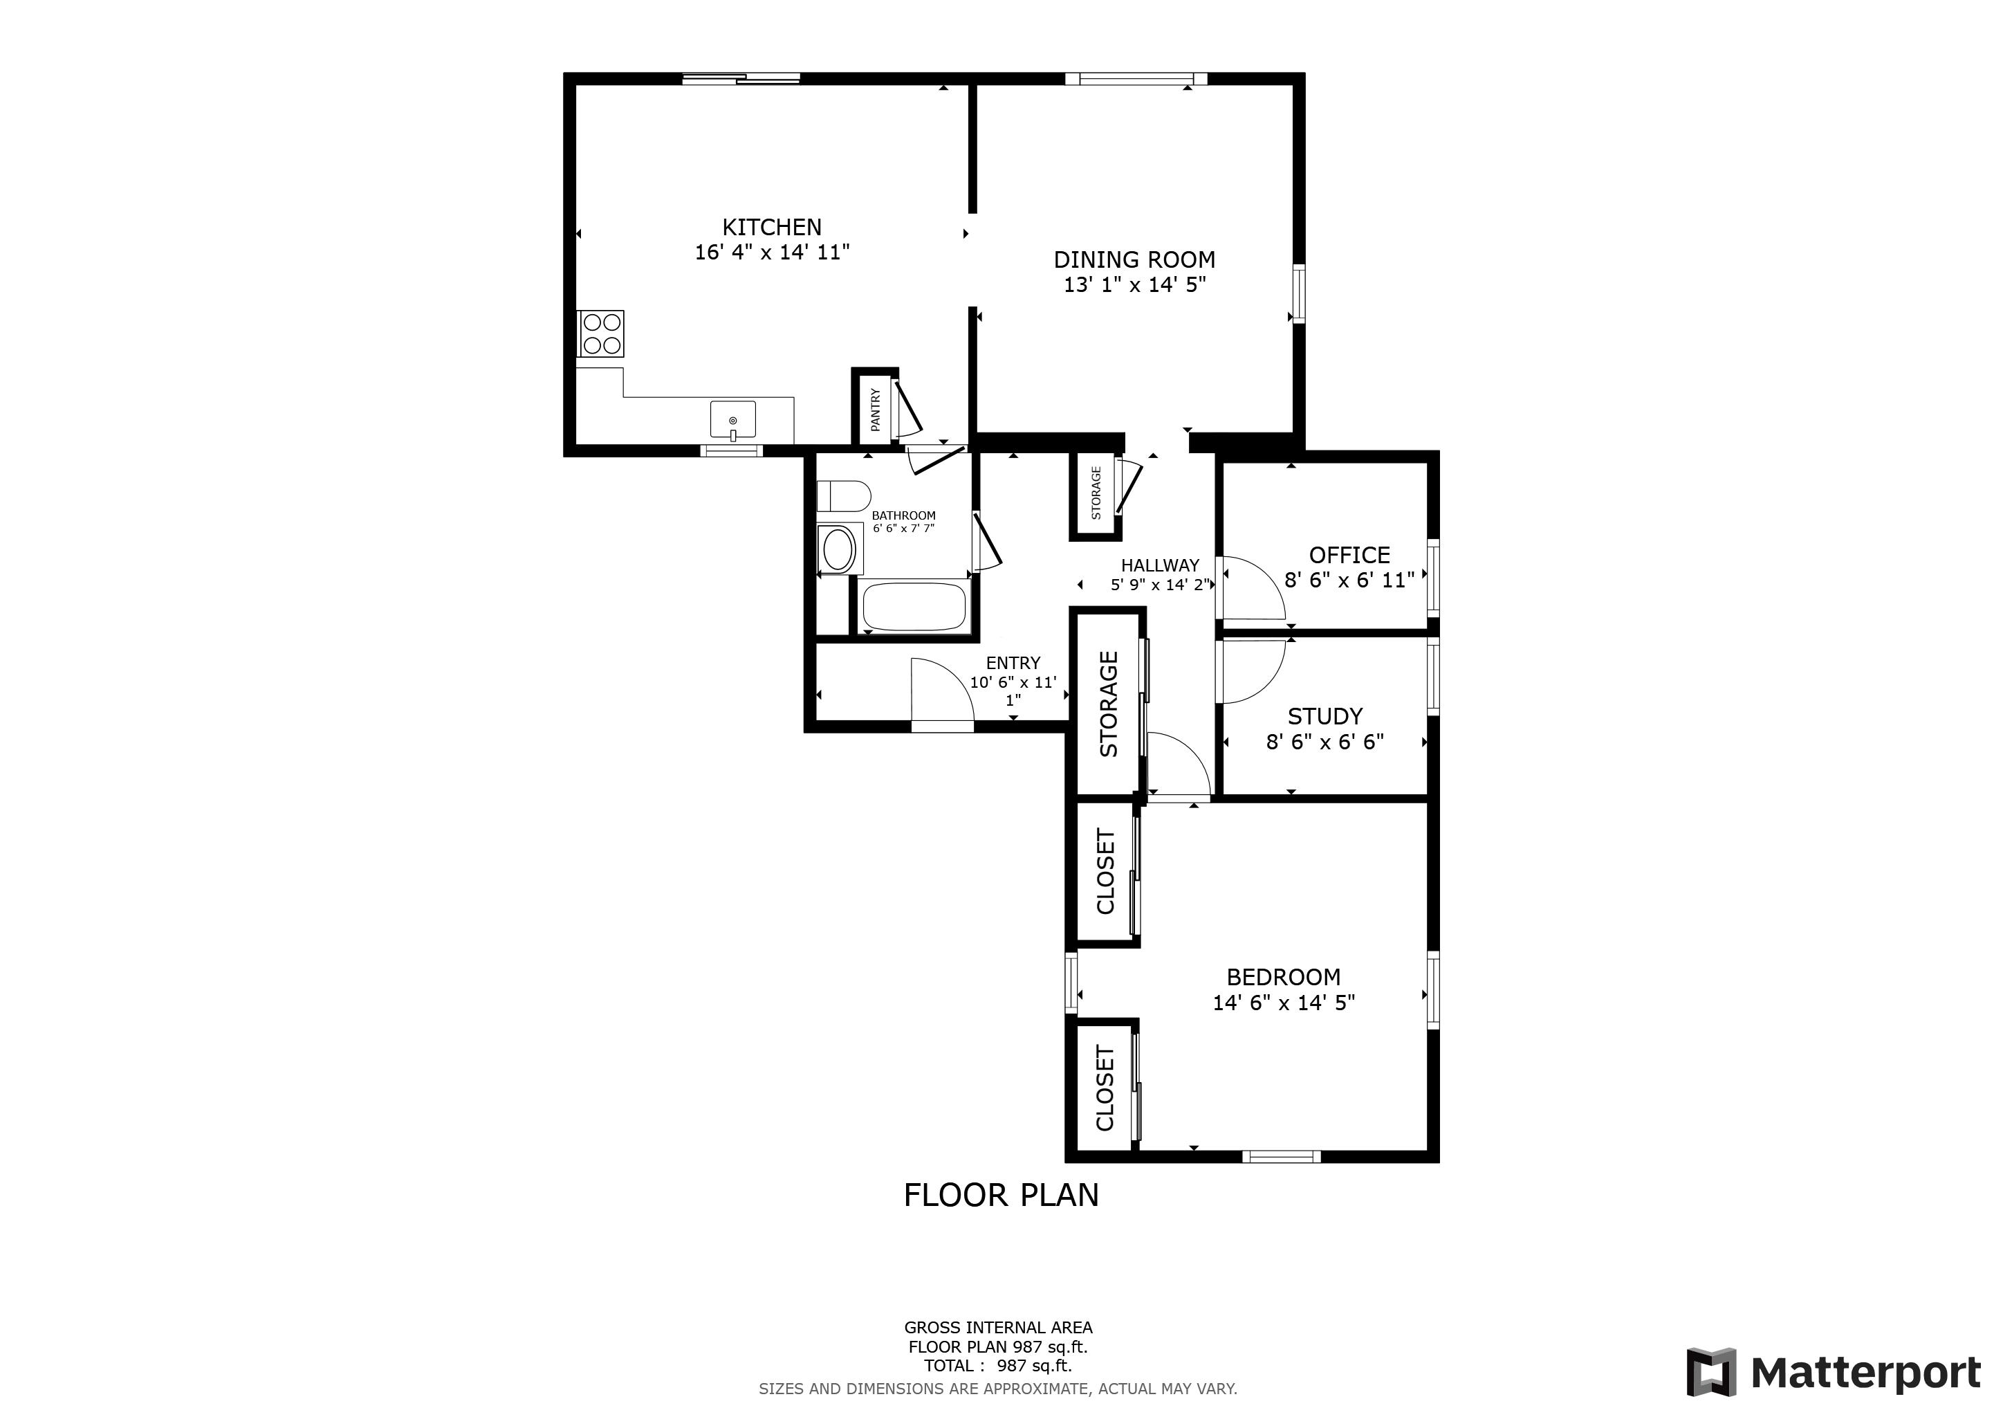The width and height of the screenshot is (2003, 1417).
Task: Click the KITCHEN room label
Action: pyautogui.click(x=771, y=228)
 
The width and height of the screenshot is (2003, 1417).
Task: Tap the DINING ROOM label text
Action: pyautogui.click(x=1134, y=260)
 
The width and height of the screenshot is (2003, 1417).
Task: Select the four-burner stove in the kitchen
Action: pyautogui.click(x=602, y=333)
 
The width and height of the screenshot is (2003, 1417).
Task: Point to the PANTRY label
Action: pyautogui.click(x=875, y=409)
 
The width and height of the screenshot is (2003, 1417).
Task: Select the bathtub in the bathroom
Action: pyautogui.click(x=914, y=605)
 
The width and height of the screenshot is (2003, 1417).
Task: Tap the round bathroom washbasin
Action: pyautogui.click(x=838, y=549)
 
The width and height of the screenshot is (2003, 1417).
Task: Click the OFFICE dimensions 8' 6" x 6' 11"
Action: pyautogui.click(x=1349, y=580)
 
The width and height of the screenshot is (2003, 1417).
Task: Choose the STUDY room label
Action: pyautogui.click(x=1325, y=716)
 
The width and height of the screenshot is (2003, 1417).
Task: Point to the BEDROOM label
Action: pyautogui.click(x=1283, y=977)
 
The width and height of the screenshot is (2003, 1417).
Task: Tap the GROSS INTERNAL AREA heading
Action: pyautogui.click(x=998, y=1328)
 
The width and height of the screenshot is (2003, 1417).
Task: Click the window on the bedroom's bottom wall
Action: pyautogui.click(x=1281, y=1157)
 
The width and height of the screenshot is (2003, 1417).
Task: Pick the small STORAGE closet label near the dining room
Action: pyautogui.click(x=1096, y=493)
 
